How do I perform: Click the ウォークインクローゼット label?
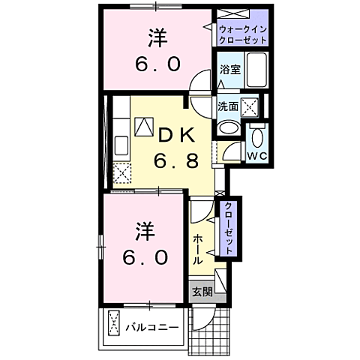pyautogui.click(x=242, y=33)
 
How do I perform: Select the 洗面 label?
pyautogui.click(x=228, y=106)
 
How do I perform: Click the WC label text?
pyautogui.click(x=258, y=156)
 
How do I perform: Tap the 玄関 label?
pyautogui.click(x=200, y=292)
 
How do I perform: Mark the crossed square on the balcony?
pyautogui.click(x=114, y=324)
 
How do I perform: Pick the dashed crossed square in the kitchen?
pyautogui.click(x=121, y=172)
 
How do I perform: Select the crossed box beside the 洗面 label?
pyautogui.click(x=250, y=106)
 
